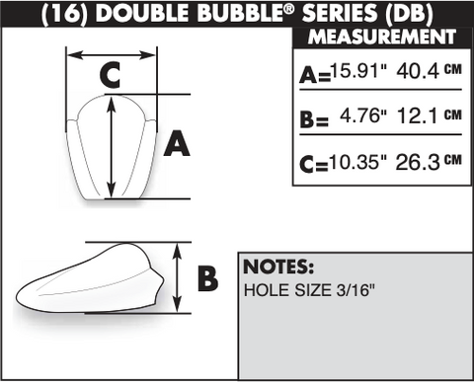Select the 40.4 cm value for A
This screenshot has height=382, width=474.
pyautogui.click(x=430, y=70)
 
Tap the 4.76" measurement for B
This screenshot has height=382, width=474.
pyautogui.click(x=363, y=115)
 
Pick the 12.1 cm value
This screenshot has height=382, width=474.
pyautogui.click(x=430, y=115)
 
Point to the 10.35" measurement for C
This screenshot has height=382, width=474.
pyautogui.click(x=357, y=161)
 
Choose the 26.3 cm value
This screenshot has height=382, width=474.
pyautogui.click(x=429, y=162)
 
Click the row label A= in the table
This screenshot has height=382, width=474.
pyautogui.click(x=315, y=75)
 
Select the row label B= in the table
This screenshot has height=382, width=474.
pyautogui.click(x=314, y=119)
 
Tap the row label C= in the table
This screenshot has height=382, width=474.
pyautogui.click(x=314, y=165)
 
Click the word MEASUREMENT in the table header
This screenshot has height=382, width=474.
pyautogui.click(x=382, y=37)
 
